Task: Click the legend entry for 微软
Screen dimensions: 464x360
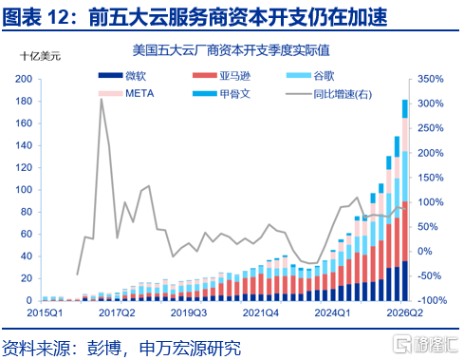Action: (x=122, y=76)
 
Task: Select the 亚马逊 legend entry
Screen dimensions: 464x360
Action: (x=221, y=76)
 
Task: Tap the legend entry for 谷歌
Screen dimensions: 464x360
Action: (x=310, y=76)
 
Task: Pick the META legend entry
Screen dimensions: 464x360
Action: (x=126, y=93)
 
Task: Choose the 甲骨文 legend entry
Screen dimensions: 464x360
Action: (x=221, y=94)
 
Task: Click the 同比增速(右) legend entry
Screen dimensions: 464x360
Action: (x=328, y=94)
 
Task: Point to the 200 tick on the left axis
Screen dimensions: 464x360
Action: (x=24, y=79)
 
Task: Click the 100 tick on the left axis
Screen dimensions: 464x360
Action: (x=24, y=190)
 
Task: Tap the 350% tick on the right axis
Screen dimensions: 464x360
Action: (x=430, y=79)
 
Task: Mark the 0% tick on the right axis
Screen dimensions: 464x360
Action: (x=425, y=251)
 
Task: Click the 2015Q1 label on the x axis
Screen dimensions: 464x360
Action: (x=45, y=313)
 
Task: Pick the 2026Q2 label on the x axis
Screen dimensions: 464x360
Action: (x=404, y=313)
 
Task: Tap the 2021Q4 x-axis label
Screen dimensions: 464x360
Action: (x=261, y=313)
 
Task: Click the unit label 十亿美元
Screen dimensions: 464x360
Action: (x=40, y=56)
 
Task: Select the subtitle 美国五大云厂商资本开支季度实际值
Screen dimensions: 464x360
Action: (x=232, y=50)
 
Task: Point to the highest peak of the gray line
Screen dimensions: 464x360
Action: (x=102, y=99)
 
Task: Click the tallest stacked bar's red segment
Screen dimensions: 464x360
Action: (x=405, y=231)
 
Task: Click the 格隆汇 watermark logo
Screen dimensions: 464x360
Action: (x=425, y=344)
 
